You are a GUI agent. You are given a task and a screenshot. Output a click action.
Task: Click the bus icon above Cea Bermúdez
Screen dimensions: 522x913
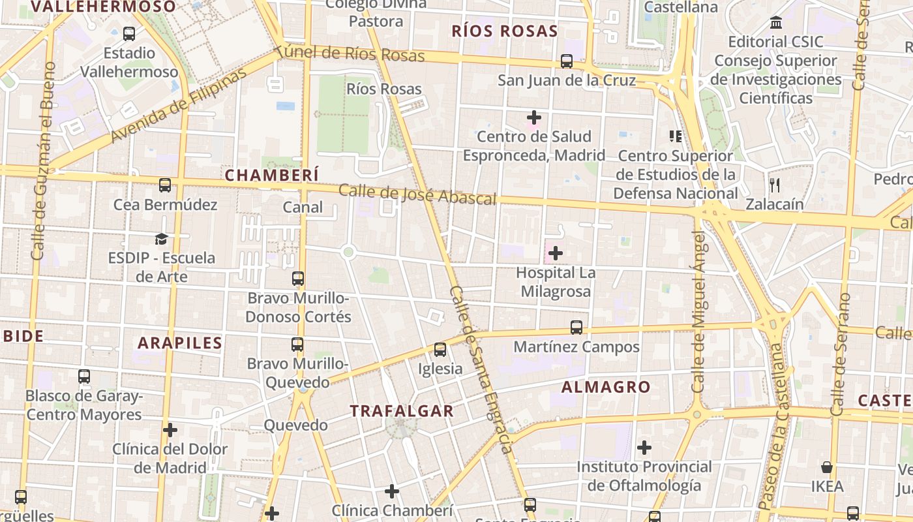coord(165,185)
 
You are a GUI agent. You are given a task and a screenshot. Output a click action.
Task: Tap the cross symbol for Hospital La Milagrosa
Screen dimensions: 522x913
coord(556,253)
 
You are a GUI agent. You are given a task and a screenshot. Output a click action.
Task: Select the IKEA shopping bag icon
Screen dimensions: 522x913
coord(827,467)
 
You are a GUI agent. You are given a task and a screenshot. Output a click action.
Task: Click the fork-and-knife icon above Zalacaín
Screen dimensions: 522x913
coord(775,185)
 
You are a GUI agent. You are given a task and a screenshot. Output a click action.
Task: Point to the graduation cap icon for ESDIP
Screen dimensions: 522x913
coord(161,239)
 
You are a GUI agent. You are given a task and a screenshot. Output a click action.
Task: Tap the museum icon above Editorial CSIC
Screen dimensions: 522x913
coord(776,23)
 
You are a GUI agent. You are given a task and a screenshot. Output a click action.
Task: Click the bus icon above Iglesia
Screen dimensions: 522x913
coord(440,350)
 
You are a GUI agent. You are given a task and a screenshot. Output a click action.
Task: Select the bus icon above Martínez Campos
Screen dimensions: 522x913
coord(576,328)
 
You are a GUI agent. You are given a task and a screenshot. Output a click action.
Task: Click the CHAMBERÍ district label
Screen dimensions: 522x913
coord(272,175)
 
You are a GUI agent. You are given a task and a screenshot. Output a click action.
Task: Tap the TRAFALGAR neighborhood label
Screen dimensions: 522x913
coord(401,411)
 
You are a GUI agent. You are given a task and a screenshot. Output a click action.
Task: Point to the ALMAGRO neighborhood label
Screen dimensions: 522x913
coord(606,387)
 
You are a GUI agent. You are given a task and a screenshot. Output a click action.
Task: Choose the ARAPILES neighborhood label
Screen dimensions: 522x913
coord(180,343)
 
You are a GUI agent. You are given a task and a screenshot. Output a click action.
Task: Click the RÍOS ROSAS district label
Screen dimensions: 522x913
coord(505,31)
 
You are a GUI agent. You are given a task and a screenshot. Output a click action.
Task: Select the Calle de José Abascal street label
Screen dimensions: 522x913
coord(417,194)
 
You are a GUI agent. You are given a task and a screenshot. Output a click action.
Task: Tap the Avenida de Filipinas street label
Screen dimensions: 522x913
coord(179,104)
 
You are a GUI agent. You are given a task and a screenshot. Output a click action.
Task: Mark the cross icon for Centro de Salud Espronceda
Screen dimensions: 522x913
coord(534,118)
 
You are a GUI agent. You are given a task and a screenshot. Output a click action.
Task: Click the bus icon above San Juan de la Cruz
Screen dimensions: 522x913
coord(567,61)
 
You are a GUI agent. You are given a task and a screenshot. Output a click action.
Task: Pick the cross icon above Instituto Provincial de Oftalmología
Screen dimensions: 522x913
coord(644,448)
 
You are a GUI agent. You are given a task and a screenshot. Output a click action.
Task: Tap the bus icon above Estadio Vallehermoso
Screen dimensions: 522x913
coord(129,34)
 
